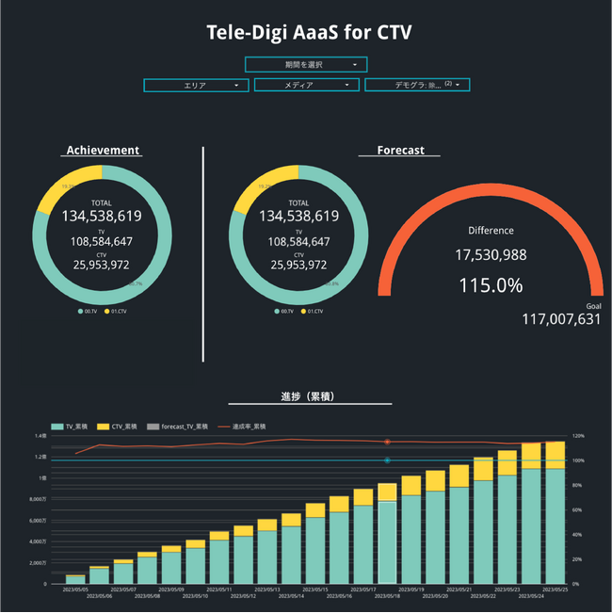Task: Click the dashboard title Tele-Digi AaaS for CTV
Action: point(309,32)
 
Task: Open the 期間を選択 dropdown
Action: point(306,64)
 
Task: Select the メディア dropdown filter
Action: point(307,85)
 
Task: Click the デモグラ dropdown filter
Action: point(417,85)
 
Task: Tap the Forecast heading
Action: point(400,150)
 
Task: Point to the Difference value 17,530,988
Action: point(491,255)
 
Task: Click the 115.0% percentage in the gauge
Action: point(491,284)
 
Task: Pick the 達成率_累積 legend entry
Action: point(250,427)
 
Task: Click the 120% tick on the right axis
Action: point(578,436)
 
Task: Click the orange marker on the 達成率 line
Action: point(387,441)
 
